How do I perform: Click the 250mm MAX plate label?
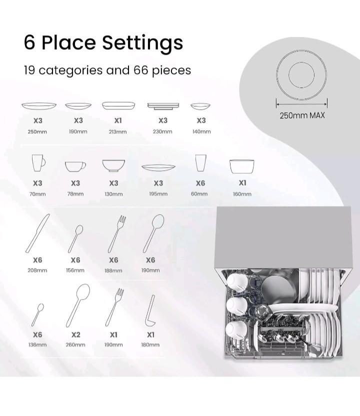tap(302, 115)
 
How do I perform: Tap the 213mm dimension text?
tap(117, 132)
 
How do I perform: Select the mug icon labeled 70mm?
tap(38, 163)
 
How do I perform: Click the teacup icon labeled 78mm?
tap(75, 167)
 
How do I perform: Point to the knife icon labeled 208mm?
tap(37, 233)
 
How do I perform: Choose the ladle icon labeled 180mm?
tap(150, 311)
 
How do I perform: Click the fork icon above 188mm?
tap(117, 234)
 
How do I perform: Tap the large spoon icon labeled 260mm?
tap(78, 305)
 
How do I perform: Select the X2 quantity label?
tap(75, 335)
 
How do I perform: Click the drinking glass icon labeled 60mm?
tap(200, 163)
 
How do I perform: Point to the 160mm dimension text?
tap(242, 194)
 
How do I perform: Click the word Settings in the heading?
tap(142, 43)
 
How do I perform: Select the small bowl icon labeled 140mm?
tap(200, 106)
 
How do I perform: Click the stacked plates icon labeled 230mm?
tap(163, 106)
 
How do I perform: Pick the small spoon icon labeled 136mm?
tap(37, 315)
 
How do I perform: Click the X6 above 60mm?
tap(200, 183)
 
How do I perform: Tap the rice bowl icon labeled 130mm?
tap(113, 166)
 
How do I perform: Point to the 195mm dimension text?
tap(158, 194)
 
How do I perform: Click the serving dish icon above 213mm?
tap(118, 105)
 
